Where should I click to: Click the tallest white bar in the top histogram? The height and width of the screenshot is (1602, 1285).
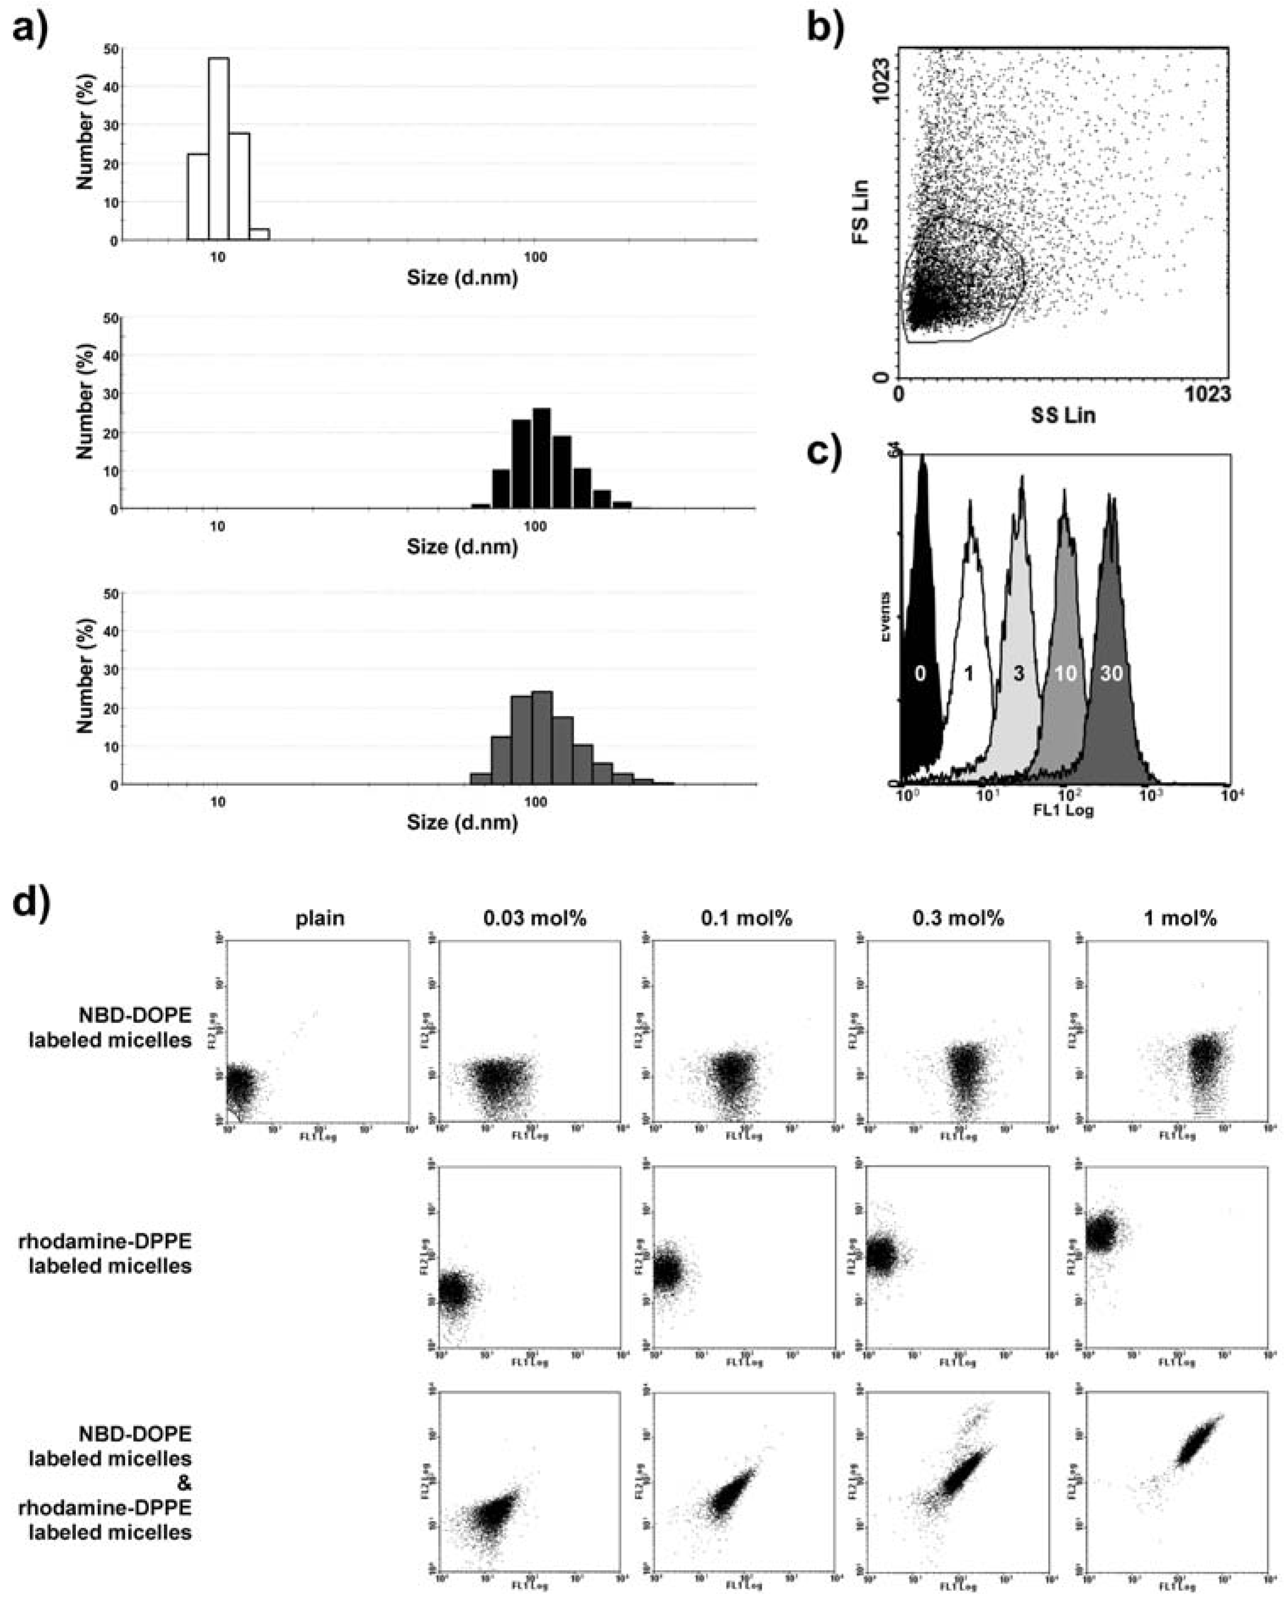tap(218, 149)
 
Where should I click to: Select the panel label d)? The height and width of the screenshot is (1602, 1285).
tap(30, 903)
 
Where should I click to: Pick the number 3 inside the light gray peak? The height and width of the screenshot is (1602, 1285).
tap(1019, 674)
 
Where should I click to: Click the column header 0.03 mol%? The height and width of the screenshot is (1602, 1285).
tap(535, 918)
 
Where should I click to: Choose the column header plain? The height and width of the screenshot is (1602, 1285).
tap(320, 918)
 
